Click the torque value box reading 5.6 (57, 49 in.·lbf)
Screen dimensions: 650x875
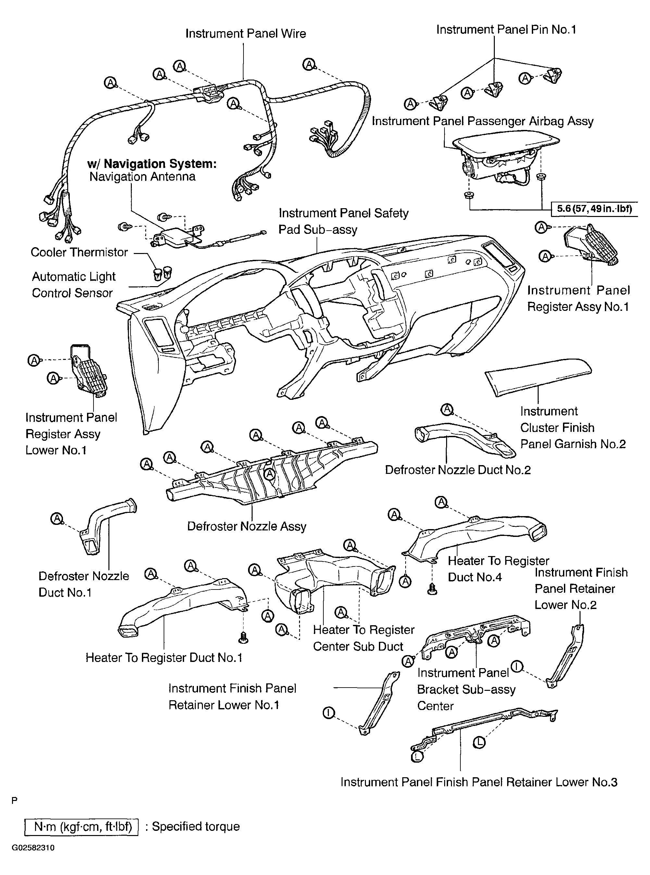(x=594, y=208)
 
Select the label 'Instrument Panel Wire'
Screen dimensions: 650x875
(x=245, y=33)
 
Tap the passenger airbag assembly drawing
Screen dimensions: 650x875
(x=507, y=161)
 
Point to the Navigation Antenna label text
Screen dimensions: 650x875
(x=143, y=176)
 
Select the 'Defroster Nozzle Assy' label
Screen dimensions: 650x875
(x=247, y=526)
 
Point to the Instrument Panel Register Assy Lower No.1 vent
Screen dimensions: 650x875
(x=89, y=370)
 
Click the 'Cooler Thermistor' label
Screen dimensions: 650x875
(x=79, y=252)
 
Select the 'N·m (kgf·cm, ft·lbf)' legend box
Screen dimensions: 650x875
(x=81, y=826)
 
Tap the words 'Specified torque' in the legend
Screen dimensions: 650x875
(x=195, y=826)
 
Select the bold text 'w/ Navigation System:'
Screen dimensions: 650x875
(x=152, y=164)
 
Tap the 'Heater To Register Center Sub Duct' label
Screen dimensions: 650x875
(x=364, y=638)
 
